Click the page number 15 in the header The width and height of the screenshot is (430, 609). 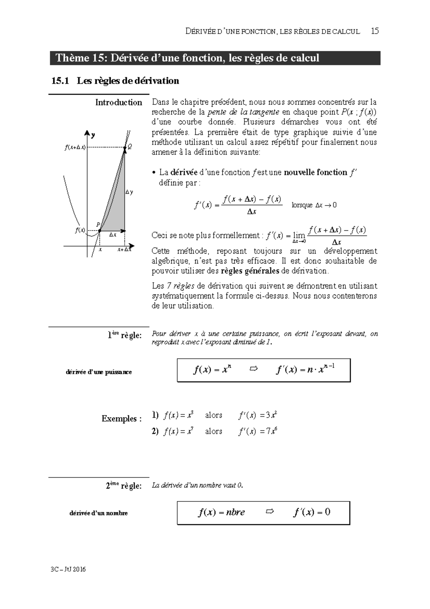[375, 31]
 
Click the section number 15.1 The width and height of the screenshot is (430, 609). [60, 81]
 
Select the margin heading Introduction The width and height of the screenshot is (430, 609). [119, 103]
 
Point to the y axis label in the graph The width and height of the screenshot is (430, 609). [93, 135]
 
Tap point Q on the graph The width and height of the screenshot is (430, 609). [125, 147]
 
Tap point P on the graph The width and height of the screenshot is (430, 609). [100, 230]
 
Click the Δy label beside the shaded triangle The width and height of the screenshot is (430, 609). [129, 192]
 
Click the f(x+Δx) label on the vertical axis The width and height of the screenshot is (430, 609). [75, 147]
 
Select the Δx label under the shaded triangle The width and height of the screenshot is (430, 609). [113, 235]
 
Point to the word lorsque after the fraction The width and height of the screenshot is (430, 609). [302, 205]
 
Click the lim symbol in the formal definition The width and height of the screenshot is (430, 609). [299, 235]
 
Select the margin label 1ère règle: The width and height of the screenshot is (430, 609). [124, 335]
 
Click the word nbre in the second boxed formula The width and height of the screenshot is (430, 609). [235, 512]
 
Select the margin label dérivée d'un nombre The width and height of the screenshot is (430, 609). [99, 513]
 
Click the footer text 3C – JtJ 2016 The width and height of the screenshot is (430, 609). [68, 569]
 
